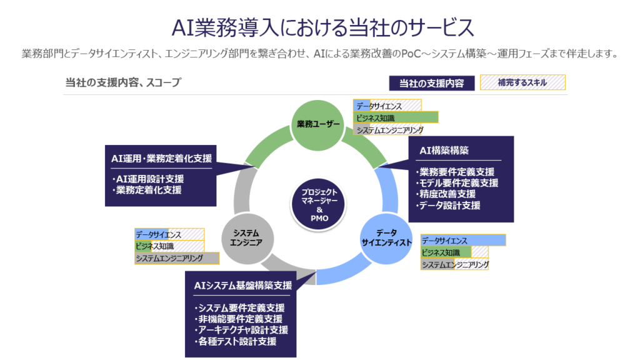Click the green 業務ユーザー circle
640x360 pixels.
[319, 124]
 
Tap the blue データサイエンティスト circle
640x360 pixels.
[386, 238]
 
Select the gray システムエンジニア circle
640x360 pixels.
[247, 238]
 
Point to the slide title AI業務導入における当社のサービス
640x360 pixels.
[320, 27]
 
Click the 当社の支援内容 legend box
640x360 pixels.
[431, 83]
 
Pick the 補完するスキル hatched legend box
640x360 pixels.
[522, 82]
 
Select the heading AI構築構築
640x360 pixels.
[444, 151]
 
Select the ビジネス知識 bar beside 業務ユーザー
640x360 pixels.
[396, 117]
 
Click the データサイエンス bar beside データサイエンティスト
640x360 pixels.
[463, 240]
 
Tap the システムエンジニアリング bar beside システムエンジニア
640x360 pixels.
[177, 258]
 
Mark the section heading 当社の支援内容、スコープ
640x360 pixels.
[123, 82]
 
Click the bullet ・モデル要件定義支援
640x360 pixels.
[457, 183]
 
